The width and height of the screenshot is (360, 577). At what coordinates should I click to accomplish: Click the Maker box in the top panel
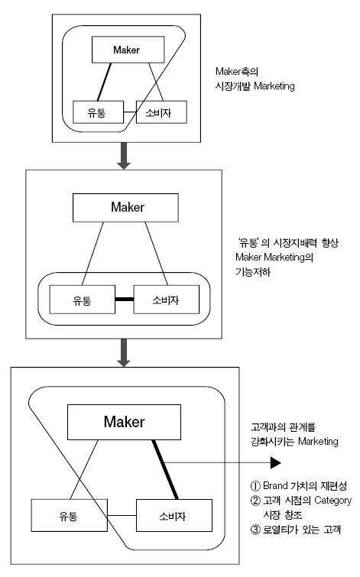(126, 50)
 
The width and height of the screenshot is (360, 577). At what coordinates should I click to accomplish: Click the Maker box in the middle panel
(127, 206)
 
